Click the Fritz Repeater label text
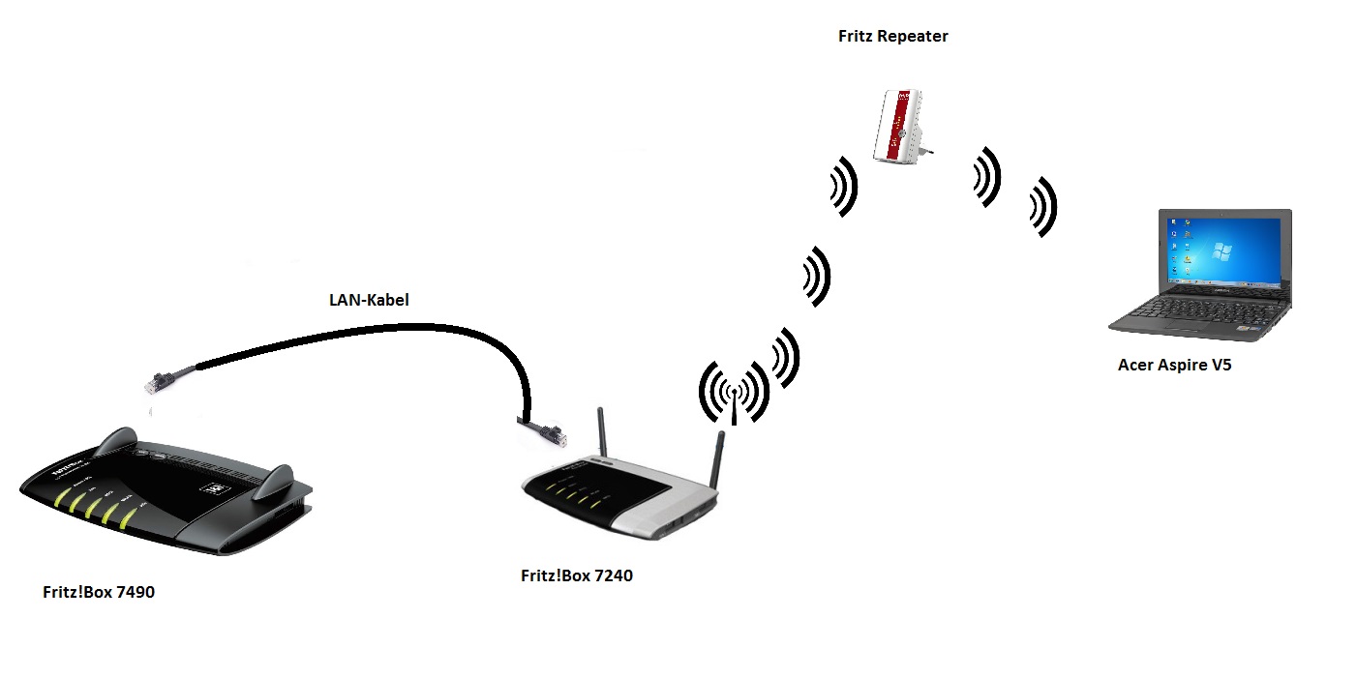coord(893,37)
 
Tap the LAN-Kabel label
coord(369,300)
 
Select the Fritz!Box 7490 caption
coord(99,592)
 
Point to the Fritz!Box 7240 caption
coord(577,575)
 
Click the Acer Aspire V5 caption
coord(1175,365)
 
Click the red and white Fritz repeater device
coord(898,126)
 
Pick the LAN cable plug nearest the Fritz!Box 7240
coord(545,432)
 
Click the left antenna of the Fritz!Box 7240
coord(602,432)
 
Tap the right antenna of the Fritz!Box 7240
coord(717,458)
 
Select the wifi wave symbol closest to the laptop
coord(1043,207)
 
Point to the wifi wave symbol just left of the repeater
coord(844,187)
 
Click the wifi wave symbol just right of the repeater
coord(987,177)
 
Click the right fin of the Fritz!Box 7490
coord(274,482)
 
